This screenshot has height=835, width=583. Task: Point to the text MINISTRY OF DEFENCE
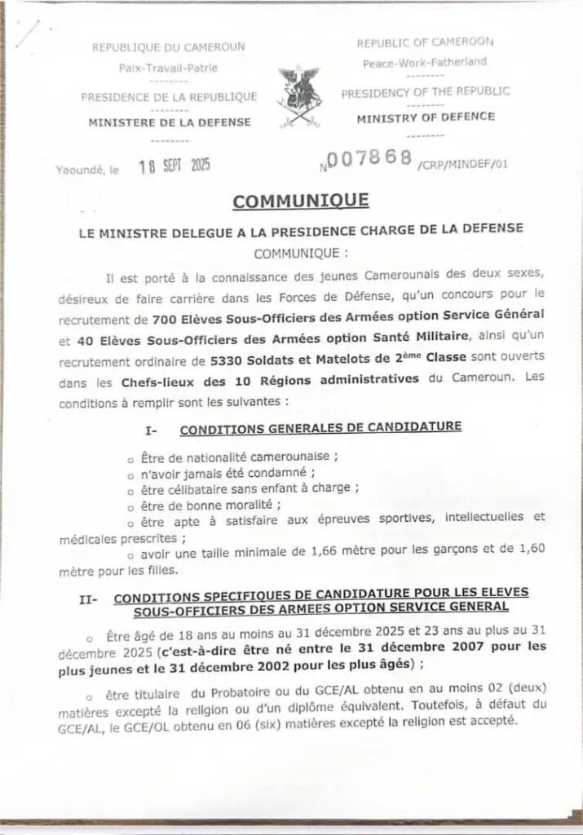[426, 117]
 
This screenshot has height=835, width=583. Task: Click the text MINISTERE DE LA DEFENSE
[169, 123]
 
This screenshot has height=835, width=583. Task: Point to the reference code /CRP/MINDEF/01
[462, 164]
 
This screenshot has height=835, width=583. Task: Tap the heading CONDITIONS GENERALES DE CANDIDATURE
[320, 426]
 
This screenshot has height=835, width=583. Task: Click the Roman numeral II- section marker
[89, 599]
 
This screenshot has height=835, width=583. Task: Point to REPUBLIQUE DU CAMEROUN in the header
[169, 47]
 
